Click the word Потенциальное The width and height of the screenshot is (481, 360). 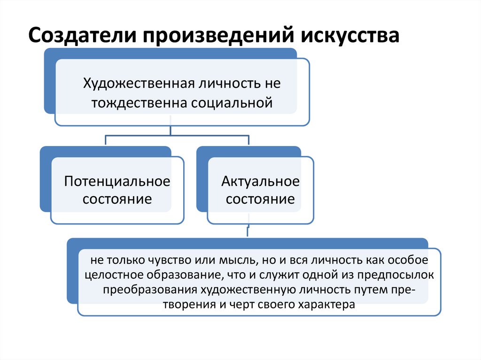coord(117,181)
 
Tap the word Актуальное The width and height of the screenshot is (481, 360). coord(260,181)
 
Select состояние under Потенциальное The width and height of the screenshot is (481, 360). coord(117,199)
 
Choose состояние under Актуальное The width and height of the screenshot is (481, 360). coord(260,199)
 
